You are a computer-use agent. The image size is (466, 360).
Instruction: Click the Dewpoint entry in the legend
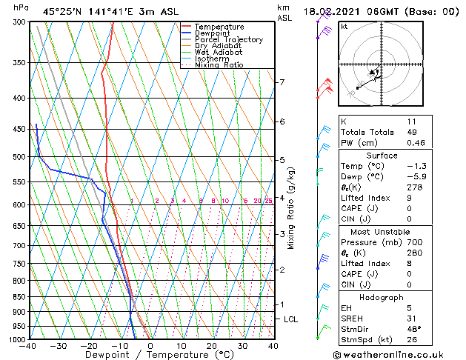coord(211,33)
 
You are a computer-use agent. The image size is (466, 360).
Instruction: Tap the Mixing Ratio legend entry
coord(219,65)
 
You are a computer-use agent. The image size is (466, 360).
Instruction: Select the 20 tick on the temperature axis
coord(212,345)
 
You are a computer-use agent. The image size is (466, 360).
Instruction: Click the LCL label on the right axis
coord(290,319)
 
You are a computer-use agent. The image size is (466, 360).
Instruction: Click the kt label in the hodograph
coord(344,26)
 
